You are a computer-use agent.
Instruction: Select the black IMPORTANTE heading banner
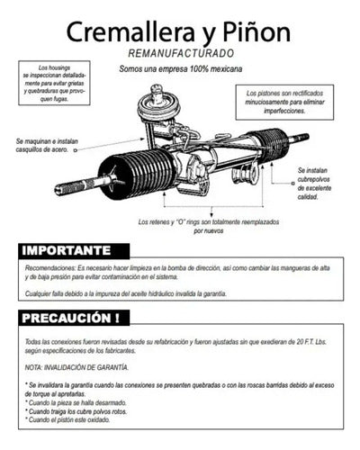point(73,250)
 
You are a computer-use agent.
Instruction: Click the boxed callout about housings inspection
point(58,85)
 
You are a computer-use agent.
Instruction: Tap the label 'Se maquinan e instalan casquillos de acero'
point(49,145)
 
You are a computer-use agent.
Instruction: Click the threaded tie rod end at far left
point(76,188)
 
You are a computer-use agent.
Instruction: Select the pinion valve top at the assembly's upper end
point(158,92)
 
